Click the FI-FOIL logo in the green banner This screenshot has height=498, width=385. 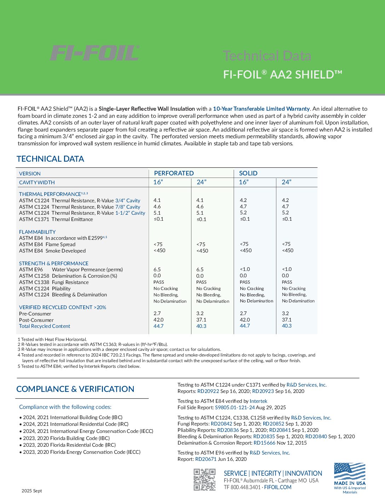[x=94, y=53]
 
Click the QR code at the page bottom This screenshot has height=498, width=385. [x=205, y=480]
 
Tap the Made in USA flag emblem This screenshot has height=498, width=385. [x=350, y=474]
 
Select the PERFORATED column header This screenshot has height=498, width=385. [x=174, y=173]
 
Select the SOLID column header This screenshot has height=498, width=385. [x=248, y=173]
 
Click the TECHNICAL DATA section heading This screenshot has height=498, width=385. [x=50, y=159]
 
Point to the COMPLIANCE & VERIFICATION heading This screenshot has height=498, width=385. [x=75, y=389]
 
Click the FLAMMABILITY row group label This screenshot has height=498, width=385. [x=37, y=232]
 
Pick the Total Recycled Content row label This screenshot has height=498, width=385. [x=45, y=326]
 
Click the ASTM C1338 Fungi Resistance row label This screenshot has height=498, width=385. [x=54, y=282]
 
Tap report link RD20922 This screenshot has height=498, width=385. [x=208, y=391]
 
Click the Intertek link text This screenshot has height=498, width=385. [x=258, y=401]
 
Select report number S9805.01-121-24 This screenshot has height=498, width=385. [x=235, y=407]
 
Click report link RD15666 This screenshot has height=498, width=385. [x=264, y=443]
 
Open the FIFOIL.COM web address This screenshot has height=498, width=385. [x=278, y=487]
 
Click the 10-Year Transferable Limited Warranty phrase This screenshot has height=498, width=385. [x=261, y=109]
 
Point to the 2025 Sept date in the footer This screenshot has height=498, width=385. [x=31, y=491]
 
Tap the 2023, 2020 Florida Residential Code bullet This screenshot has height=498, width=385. [x=69, y=445]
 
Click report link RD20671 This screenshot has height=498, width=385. [x=206, y=459]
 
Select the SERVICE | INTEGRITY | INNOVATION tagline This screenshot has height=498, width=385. [x=273, y=473]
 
